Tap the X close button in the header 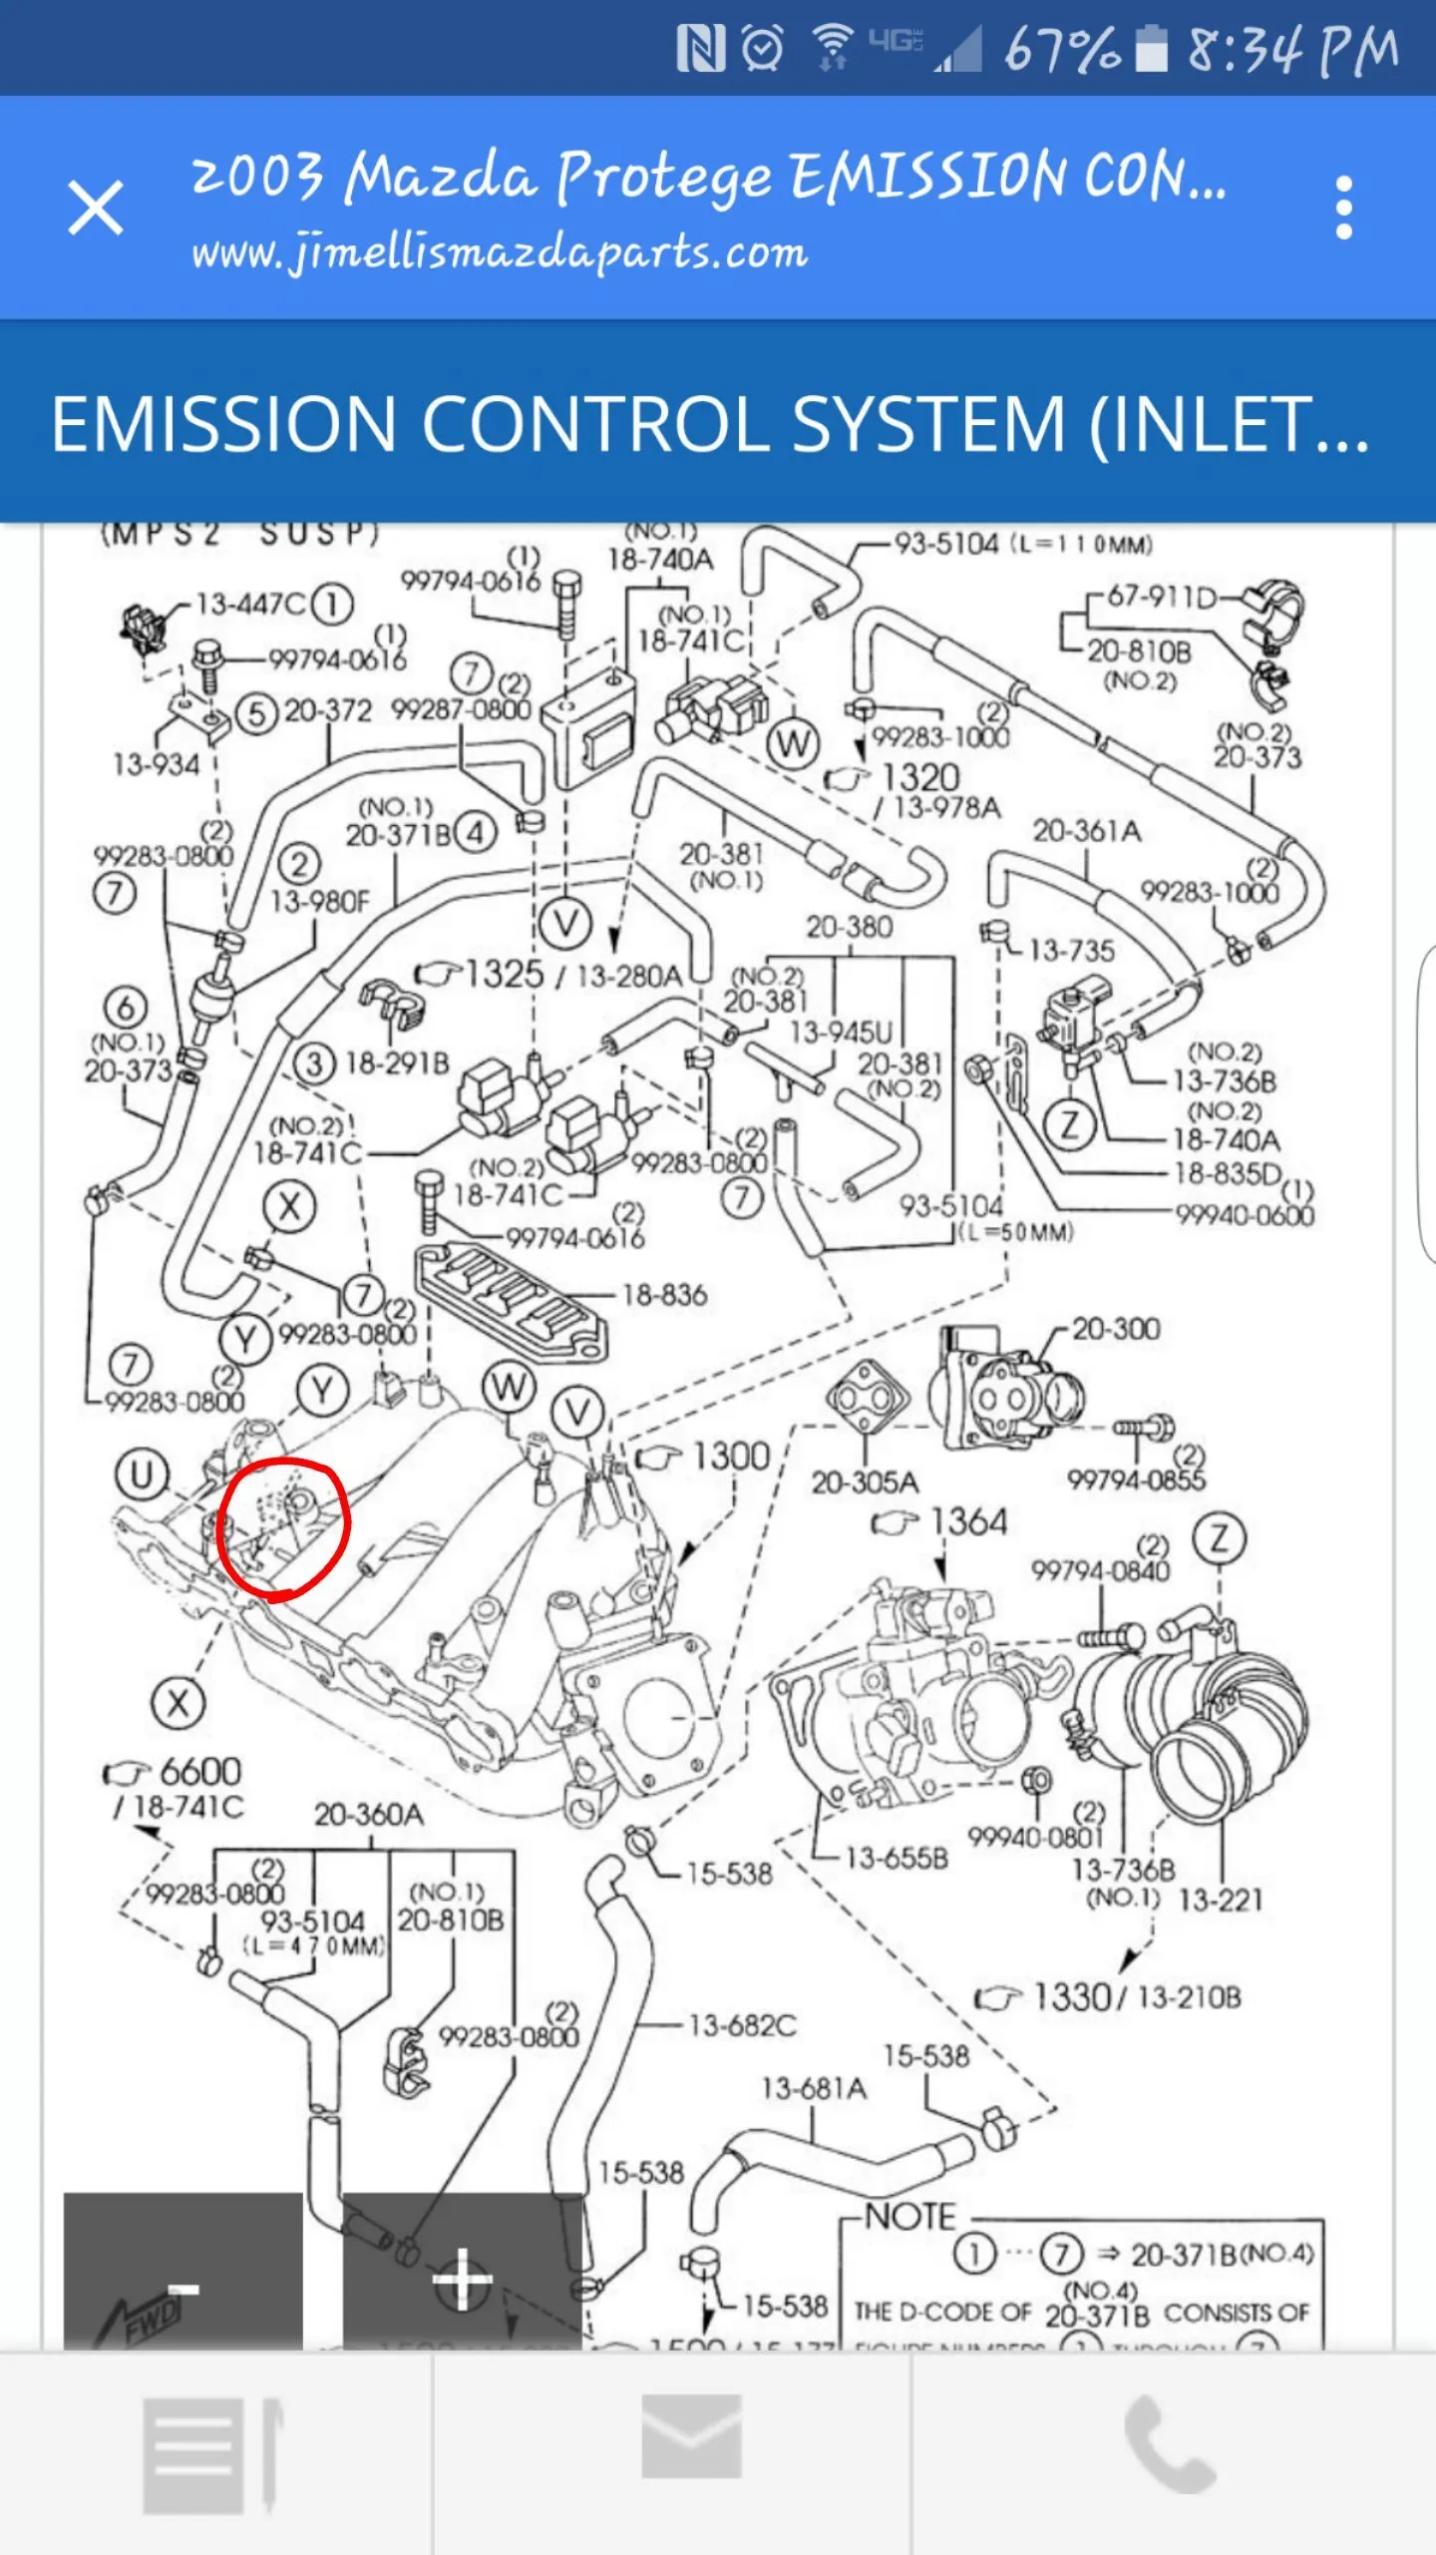(x=96, y=208)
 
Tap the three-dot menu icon (x=1343, y=208)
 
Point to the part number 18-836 (x=664, y=1295)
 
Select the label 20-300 (x=1116, y=1329)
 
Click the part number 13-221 (x=1221, y=1899)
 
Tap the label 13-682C (x=742, y=2024)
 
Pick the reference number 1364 (x=968, y=1521)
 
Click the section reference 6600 (x=199, y=1771)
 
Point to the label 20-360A (x=369, y=1814)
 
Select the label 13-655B (x=897, y=1858)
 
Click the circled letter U (x=142, y=1475)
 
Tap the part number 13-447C (x=250, y=604)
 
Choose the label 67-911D (x=1162, y=597)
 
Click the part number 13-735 (x=1071, y=950)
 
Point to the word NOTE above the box (x=909, y=2217)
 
